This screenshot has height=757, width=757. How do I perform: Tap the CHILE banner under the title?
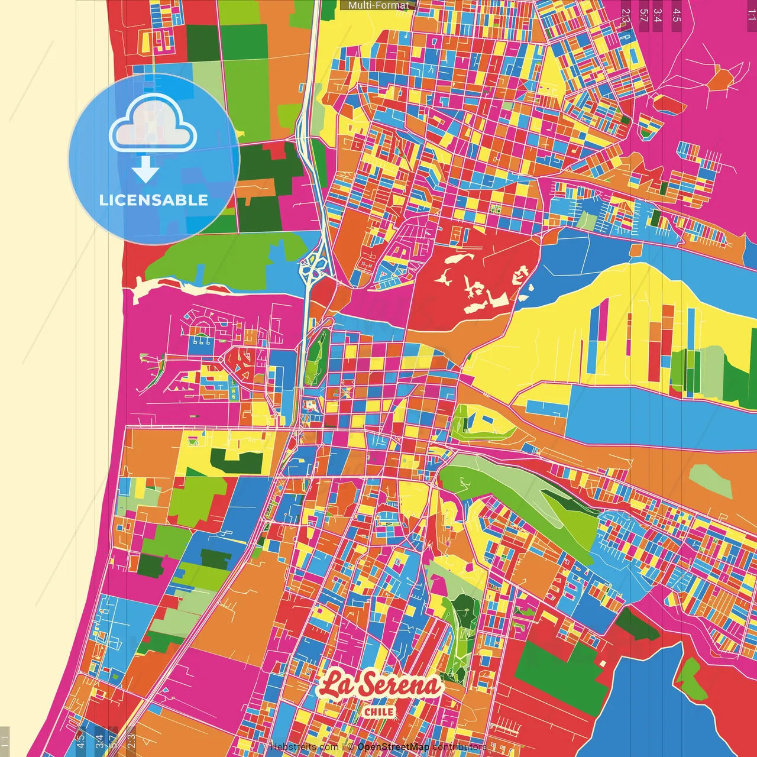coord(379,711)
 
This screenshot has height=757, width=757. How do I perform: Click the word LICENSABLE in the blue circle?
coord(154,200)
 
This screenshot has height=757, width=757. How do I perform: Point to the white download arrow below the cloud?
coord(145,170)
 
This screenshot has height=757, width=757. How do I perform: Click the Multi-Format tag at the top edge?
coord(378,5)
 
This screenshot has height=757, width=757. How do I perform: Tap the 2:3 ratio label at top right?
coord(626,15)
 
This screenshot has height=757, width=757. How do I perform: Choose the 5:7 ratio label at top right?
coord(643,15)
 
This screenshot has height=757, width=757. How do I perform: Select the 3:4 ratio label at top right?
coord(658,15)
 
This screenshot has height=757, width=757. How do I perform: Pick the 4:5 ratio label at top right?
coord(676,15)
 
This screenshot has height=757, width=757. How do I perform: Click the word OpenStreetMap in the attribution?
coord(393,747)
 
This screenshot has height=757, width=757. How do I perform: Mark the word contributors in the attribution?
coord(460,747)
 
